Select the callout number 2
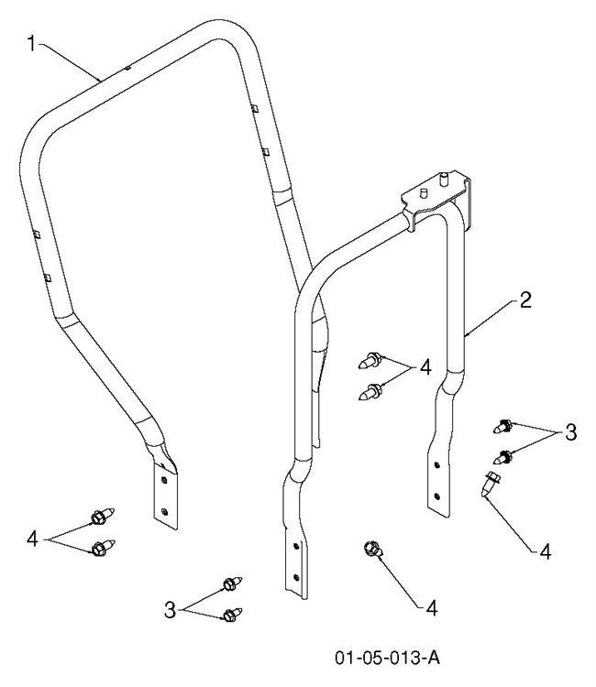[x=524, y=300]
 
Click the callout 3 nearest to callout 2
[x=569, y=432]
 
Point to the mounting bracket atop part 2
[x=438, y=201]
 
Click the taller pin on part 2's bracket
[x=444, y=176]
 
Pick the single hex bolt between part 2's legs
[x=371, y=549]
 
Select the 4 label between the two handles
[x=425, y=369]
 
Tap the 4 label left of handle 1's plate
[x=33, y=538]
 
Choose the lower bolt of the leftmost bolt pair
[x=98, y=549]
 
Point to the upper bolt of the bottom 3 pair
[x=230, y=583]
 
